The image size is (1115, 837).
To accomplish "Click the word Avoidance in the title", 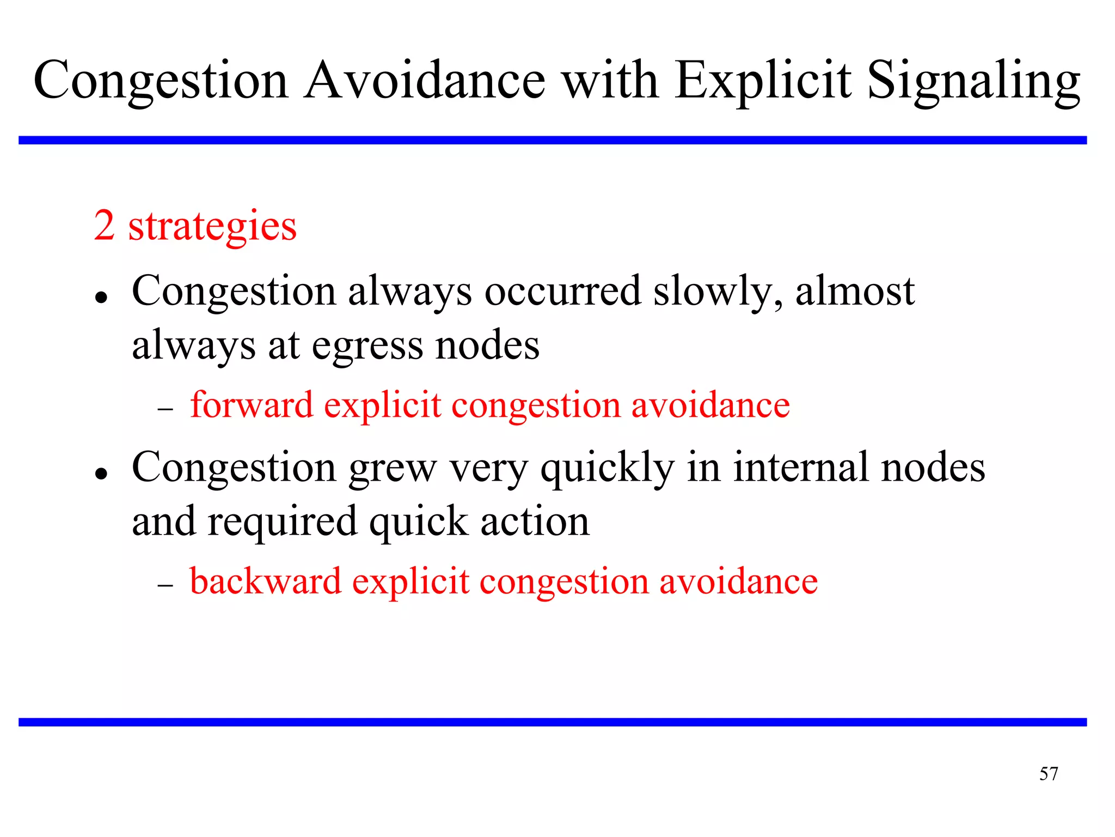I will [x=425, y=81].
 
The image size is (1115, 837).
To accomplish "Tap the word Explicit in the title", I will [x=762, y=81].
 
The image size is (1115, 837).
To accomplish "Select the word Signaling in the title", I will [x=973, y=81].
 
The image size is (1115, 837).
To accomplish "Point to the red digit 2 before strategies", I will [x=104, y=226].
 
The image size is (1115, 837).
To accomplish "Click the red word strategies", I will [x=212, y=227].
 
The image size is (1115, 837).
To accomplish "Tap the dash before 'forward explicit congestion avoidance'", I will [x=165, y=409].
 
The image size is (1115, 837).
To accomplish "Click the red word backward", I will [x=265, y=581].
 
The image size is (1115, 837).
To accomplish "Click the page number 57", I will [x=1048, y=774].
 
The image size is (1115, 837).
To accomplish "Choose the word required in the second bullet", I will [x=282, y=522].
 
